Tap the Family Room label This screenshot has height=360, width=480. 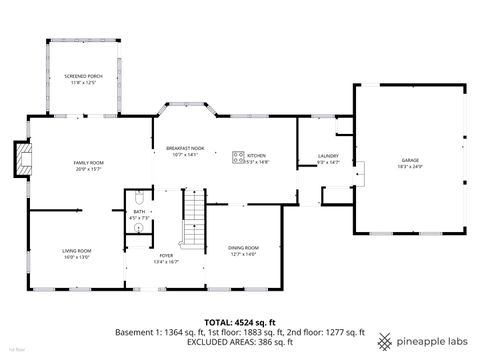click(x=88, y=162)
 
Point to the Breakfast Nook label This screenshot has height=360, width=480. click(x=185, y=148)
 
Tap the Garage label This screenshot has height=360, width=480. click(x=410, y=160)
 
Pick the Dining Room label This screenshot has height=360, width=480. click(x=244, y=248)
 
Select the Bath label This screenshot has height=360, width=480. click(x=140, y=212)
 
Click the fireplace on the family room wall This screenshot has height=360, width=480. click(x=20, y=157)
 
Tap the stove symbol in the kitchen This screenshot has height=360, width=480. click(x=237, y=155)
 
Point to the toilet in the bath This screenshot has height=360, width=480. click(x=139, y=199)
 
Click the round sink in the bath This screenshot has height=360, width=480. click(x=138, y=226)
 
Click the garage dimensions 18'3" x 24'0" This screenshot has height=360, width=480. click(x=410, y=166)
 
